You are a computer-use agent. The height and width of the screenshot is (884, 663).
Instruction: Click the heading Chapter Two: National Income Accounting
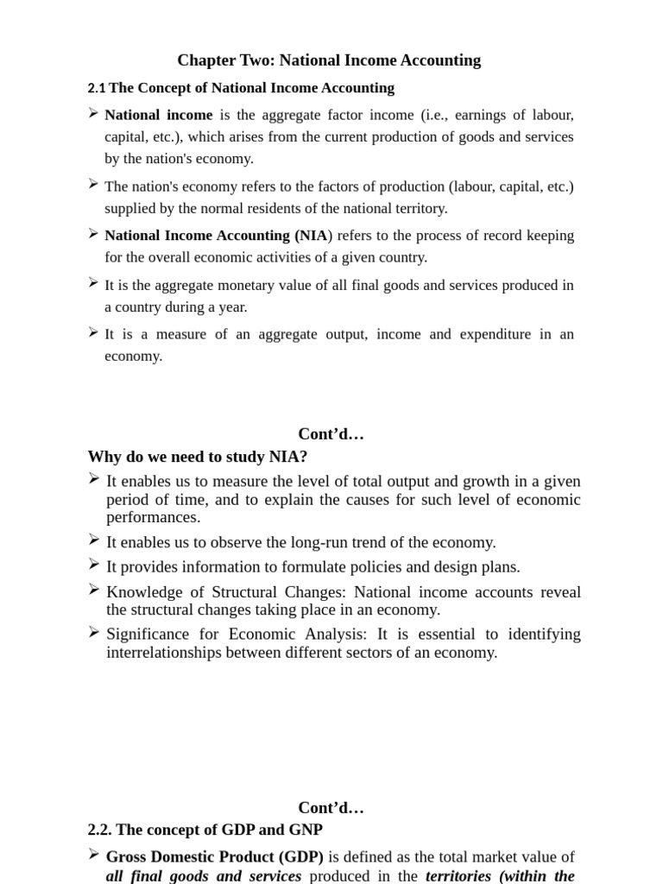click(x=329, y=60)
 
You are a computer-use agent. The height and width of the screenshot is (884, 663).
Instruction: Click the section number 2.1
click(x=96, y=88)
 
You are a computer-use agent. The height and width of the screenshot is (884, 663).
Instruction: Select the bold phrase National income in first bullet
click(x=158, y=115)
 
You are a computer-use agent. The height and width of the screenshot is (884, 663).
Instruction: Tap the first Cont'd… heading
click(x=331, y=434)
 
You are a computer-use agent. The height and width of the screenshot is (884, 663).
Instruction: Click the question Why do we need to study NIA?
click(x=198, y=457)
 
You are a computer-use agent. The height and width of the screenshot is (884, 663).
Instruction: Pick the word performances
click(x=153, y=517)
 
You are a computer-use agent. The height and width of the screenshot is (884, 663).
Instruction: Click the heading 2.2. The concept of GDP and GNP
click(x=205, y=830)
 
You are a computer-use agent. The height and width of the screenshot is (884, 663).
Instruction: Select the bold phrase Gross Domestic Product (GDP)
click(x=215, y=857)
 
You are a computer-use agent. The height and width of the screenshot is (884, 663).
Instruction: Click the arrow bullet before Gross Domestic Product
click(x=93, y=856)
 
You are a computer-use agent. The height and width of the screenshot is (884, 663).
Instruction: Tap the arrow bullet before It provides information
click(x=93, y=565)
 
